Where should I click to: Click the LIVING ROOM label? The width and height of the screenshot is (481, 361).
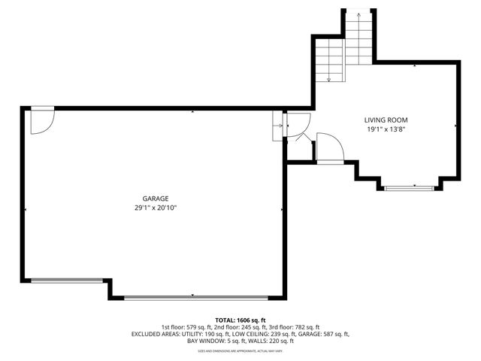386,120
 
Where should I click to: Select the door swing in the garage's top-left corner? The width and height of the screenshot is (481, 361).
42,120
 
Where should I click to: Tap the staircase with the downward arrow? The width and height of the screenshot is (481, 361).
328,61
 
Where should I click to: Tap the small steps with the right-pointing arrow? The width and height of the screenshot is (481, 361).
277,126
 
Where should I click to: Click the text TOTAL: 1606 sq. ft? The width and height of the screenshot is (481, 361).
240,320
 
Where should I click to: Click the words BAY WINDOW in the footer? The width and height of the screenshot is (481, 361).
201,341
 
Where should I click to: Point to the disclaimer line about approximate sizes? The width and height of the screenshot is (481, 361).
240,350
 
